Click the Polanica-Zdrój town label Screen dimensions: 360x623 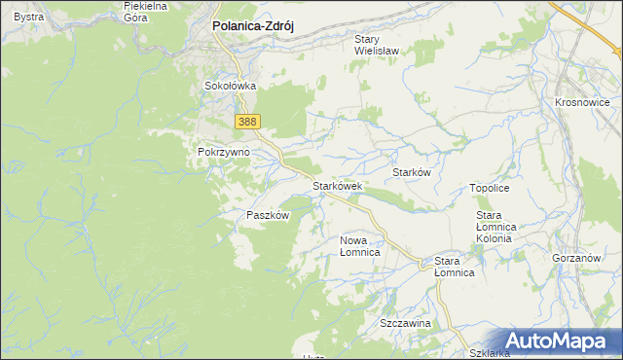(x=253, y=27)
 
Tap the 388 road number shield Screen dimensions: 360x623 (x=247, y=121)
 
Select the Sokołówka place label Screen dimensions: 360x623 (x=230, y=86)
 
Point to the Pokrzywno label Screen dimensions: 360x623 (x=224, y=153)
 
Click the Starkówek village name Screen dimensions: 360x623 (x=337, y=185)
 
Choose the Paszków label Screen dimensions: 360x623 (x=268, y=215)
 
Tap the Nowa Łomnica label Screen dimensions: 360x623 (x=359, y=245)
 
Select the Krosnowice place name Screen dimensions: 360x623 (x=581, y=102)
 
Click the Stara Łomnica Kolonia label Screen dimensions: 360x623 (x=500, y=226)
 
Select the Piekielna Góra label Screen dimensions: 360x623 (x=146, y=12)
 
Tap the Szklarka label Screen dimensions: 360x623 (x=488, y=352)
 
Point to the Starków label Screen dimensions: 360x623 (x=411, y=171)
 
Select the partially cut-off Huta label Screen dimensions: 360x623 (x=313, y=356)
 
